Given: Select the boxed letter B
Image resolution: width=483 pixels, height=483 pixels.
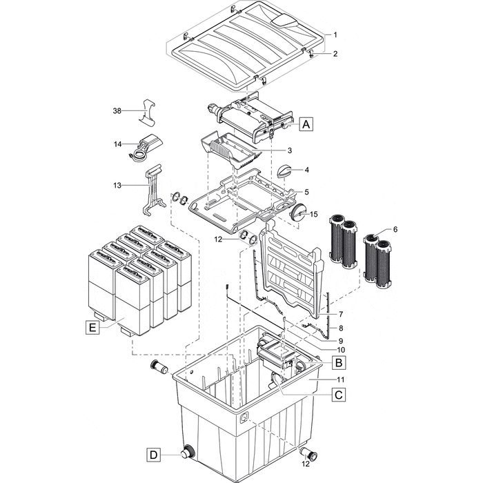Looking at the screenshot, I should point(339,362).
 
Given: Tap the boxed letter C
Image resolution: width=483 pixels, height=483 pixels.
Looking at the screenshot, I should point(339,395).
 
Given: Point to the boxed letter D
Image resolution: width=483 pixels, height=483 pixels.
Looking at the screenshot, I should point(153,455).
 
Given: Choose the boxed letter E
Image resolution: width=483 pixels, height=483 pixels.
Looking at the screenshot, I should point(92,328).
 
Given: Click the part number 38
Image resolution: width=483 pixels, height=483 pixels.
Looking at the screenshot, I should point(117,110).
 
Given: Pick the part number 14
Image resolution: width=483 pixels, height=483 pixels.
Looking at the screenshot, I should point(117,144).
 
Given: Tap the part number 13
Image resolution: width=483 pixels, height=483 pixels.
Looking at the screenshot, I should point(117,186).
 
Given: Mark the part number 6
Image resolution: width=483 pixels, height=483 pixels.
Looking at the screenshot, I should point(395,229).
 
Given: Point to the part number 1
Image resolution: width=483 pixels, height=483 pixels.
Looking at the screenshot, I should point(335,34).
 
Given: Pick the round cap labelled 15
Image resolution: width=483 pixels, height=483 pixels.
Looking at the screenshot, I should point(299,213).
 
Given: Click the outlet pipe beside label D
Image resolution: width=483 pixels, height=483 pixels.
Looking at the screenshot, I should point(186,454).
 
